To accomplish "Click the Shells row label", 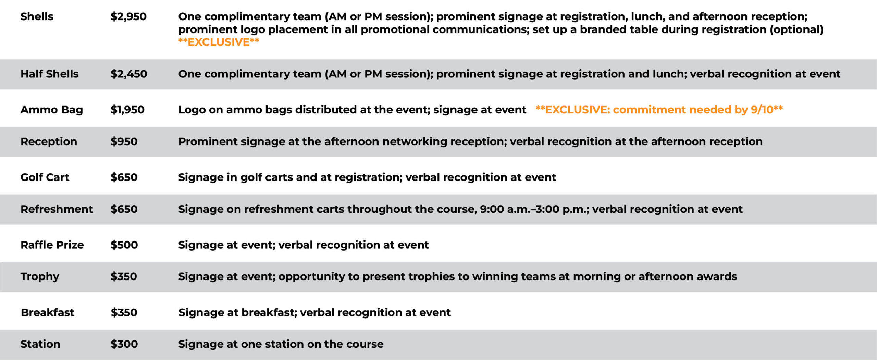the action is pyautogui.click(x=37, y=16).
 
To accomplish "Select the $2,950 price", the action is pyautogui.click(x=128, y=16).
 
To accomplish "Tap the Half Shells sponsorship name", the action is pyautogui.click(x=49, y=74).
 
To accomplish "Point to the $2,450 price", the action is pyautogui.click(x=129, y=74).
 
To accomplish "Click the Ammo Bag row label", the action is pyautogui.click(x=52, y=110).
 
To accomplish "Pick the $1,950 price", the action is pyautogui.click(x=127, y=110).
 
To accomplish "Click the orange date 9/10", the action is pyautogui.click(x=762, y=110).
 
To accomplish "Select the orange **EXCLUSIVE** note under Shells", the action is pyautogui.click(x=219, y=42).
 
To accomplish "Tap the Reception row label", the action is pyautogui.click(x=49, y=141).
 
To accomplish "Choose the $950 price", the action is pyautogui.click(x=124, y=141).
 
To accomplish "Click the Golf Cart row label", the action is pyautogui.click(x=45, y=177).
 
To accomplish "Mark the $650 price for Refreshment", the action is pyautogui.click(x=124, y=209).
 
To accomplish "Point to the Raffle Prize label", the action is pyautogui.click(x=52, y=245).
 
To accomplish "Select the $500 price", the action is pyautogui.click(x=124, y=245).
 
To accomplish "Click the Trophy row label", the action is pyautogui.click(x=40, y=277).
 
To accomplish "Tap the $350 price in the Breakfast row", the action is pyautogui.click(x=124, y=312).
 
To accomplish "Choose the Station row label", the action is pyautogui.click(x=40, y=344).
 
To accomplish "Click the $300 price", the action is pyautogui.click(x=124, y=344).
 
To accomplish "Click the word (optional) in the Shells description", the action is pyautogui.click(x=796, y=29).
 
